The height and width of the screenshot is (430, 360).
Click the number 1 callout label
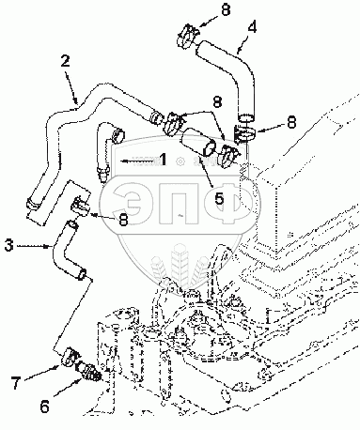pos(163,160)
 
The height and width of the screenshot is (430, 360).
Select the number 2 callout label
pos(65,62)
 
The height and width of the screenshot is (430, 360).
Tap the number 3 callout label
pos(8,246)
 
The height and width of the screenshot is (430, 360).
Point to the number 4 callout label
pos(252,27)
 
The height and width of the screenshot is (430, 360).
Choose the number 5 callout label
pos(219,198)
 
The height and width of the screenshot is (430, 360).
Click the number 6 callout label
pos(44,407)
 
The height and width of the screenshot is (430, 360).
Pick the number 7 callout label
pos(16,382)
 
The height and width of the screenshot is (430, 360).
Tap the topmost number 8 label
pos(226,9)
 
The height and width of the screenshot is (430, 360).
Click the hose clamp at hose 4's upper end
pos(187,37)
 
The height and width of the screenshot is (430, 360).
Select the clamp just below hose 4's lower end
pos(244,133)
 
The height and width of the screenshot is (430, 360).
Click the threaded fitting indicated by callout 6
pos(88,371)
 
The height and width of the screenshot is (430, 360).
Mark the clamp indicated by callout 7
pos(70,357)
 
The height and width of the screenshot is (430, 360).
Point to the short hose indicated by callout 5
pos(198,142)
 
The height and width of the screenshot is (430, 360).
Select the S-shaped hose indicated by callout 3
pos(68,251)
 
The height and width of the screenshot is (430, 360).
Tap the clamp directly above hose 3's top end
pos(81,206)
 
